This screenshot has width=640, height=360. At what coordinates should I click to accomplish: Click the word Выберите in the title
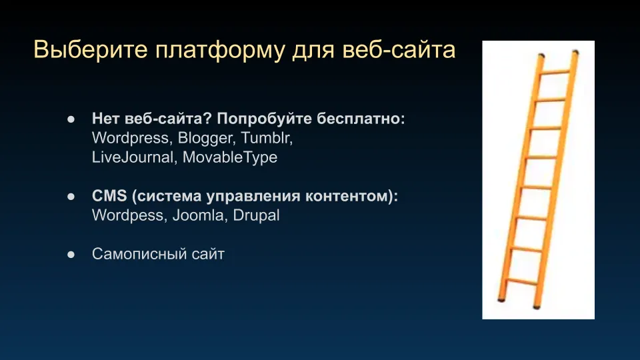[90, 50]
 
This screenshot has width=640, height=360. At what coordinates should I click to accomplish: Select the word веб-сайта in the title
[399, 50]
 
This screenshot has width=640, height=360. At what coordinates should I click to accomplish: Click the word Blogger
[205, 139]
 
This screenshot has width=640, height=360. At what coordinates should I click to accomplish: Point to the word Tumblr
[267, 138]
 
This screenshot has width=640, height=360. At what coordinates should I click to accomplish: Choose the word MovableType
[230, 157]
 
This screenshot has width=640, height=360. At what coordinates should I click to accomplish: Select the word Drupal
[256, 215]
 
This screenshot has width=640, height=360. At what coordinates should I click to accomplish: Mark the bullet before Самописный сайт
[71, 255]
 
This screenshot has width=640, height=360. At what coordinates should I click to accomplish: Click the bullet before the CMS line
[71, 197]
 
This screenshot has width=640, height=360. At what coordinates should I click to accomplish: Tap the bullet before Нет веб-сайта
[71, 119]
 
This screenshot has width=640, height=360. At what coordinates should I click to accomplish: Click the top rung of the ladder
[555, 72]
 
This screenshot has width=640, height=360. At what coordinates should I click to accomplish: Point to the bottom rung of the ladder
[521, 281]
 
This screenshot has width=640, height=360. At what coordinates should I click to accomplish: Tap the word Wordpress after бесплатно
[130, 139]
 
